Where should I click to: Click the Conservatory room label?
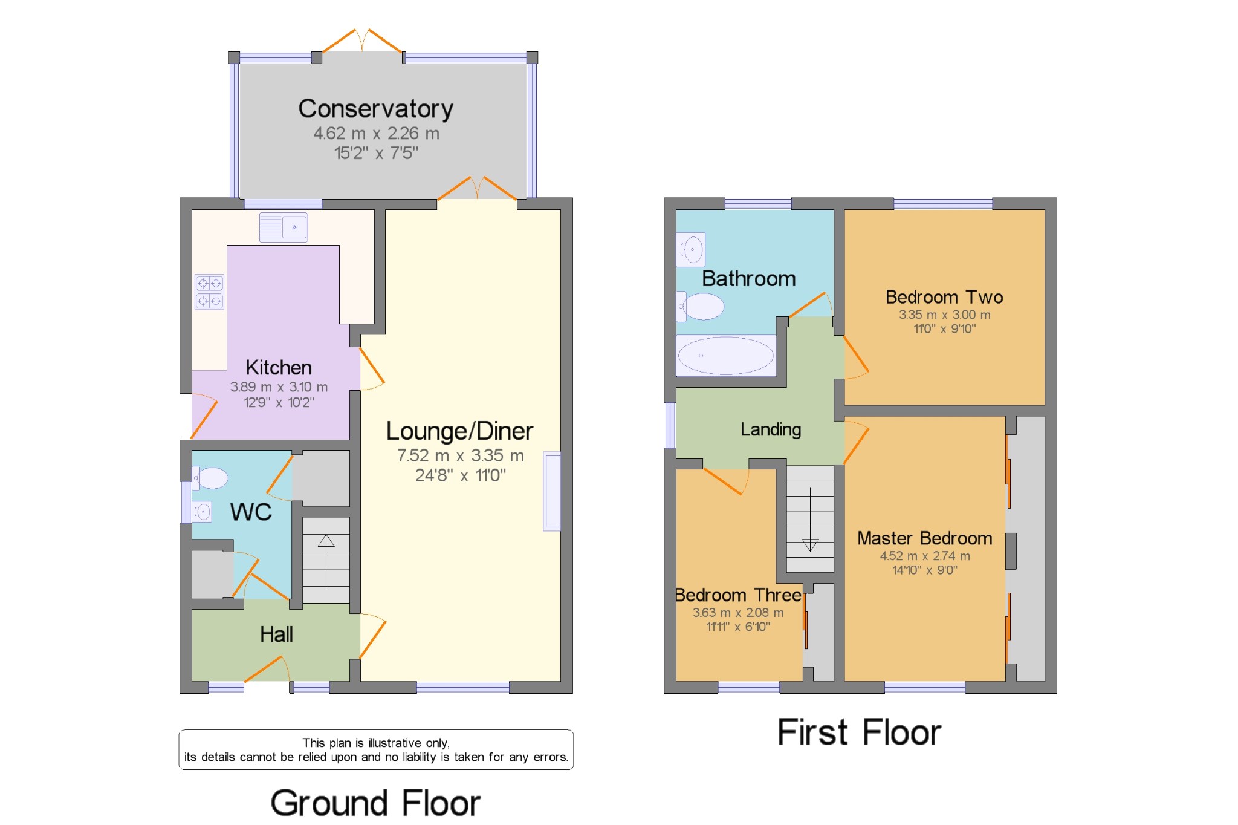coord(375,109)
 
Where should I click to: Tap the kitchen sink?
coord(284,227)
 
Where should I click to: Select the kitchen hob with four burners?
coord(209,292)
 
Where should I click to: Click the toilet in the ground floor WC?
coord(210,478)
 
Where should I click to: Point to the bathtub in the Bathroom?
coord(726,356)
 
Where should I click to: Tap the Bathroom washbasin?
coord(690,249)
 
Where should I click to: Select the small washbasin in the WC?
coord(201,512)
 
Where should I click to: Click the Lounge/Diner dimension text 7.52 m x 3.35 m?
coord(461,455)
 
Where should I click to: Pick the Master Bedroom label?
coord(925,538)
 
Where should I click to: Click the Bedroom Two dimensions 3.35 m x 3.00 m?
coord(945,315)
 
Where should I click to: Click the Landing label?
coord(771,429)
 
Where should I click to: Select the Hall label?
coord(276,634)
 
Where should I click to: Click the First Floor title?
coord(859,732)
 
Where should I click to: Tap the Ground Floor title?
coord(375,803)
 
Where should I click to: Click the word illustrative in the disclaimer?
coord(395,743)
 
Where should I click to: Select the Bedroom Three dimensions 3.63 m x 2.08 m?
coord(738,613)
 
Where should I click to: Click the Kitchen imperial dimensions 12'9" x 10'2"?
coord(279,402)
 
